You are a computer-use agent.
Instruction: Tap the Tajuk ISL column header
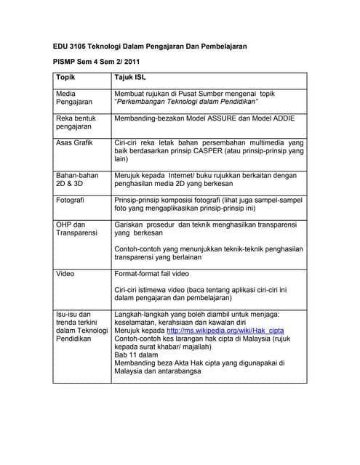point(130,78)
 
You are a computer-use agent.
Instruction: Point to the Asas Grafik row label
point(74,142)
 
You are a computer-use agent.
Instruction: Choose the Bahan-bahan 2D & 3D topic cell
point(77,179)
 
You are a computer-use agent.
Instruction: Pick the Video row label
point(65,274)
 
